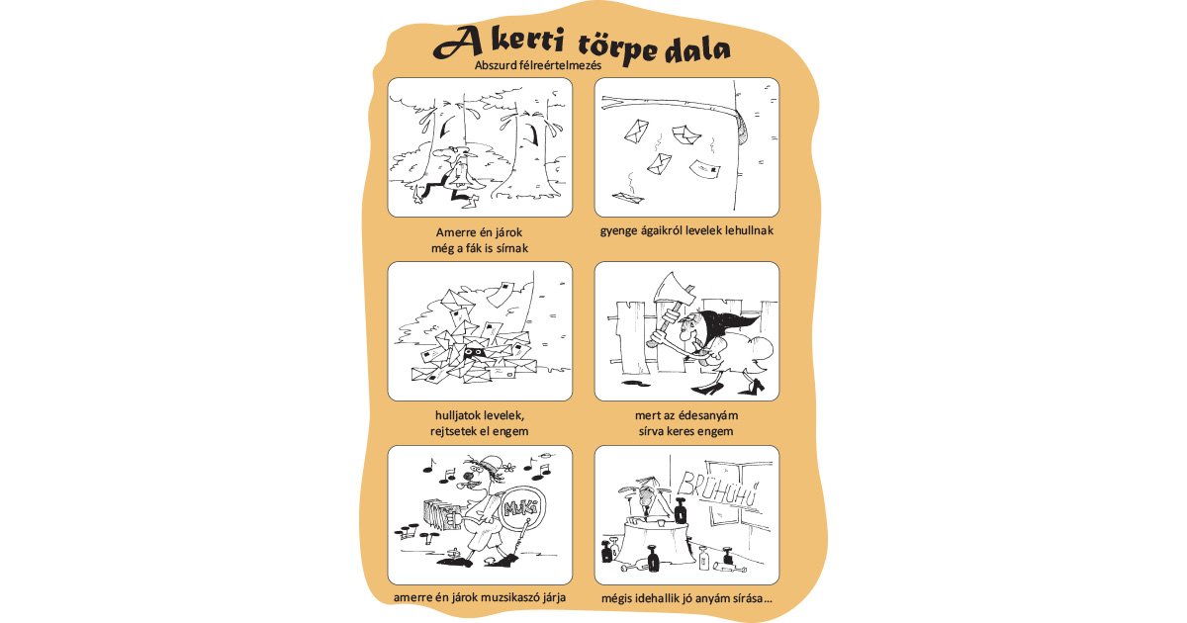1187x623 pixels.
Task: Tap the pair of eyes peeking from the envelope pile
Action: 475,352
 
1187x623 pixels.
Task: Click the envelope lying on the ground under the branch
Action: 627,198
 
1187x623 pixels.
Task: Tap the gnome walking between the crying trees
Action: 455,174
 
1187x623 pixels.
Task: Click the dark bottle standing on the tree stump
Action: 682,511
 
